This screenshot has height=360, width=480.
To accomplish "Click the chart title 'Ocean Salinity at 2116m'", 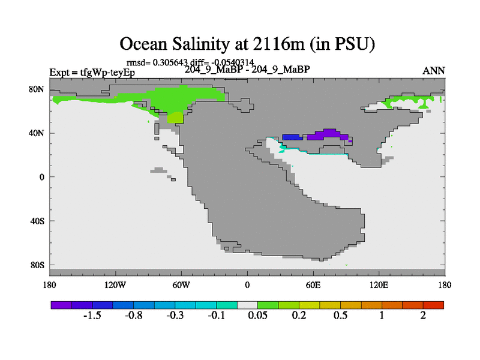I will pos(247,44).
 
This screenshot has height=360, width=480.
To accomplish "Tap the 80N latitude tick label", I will pos(38,89).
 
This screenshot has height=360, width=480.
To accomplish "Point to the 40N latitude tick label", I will pos(38,133).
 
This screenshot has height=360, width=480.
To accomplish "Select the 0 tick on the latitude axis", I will pos(43,177).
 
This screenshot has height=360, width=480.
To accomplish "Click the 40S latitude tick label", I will pos(38,221).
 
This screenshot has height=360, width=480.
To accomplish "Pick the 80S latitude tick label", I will pos(38,265).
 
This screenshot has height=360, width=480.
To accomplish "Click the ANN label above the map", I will pos(434,71).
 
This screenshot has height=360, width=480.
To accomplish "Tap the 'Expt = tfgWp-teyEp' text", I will pos(92,73).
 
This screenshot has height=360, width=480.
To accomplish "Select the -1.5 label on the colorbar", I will pos(93,316).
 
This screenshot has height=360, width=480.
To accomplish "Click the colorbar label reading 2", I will pos(423,316).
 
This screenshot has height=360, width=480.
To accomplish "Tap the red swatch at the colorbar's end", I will pos(433,305).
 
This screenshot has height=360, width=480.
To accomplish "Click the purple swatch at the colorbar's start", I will pos(61,305).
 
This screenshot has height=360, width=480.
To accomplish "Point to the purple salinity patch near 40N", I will pos(327,134).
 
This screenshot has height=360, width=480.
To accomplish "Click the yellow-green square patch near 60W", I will pos(175,118).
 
